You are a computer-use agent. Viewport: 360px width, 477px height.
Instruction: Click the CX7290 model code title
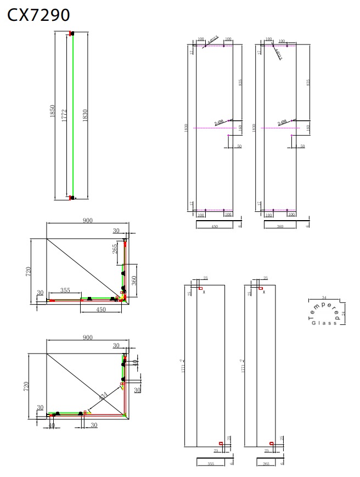pyautogui.click(x=38, y=15)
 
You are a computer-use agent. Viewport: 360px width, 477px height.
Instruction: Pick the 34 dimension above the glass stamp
pyautogui.click(x=324, y=298)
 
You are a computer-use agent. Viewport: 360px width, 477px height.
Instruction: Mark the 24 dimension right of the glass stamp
pyautogui.click(x=344, y=313)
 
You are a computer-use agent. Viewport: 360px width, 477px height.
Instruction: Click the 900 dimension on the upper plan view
pyautogui.click(x=88, y=220)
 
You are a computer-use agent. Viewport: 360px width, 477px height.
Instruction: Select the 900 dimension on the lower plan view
pyautogui.click(x=88, y=338)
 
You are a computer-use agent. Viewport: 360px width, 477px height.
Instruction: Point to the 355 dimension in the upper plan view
pyautogui.click(x=65, y=290)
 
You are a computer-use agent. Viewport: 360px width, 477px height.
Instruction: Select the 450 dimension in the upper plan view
pyautogui.click(x=101, y=309)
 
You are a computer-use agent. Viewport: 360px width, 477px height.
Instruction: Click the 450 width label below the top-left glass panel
pyautogui.click(x=214, y=226)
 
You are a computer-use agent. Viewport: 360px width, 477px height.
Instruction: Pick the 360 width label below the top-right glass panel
pyautogui.click(x=280, y=226)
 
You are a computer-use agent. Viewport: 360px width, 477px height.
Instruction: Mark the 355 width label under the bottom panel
pyautogui.click(x=211, y=464)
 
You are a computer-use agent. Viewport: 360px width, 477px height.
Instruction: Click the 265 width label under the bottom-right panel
pyautogui.click(x=266, y=464)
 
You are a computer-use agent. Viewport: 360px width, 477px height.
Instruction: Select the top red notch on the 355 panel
pyautogui.click(x=201, y=288)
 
